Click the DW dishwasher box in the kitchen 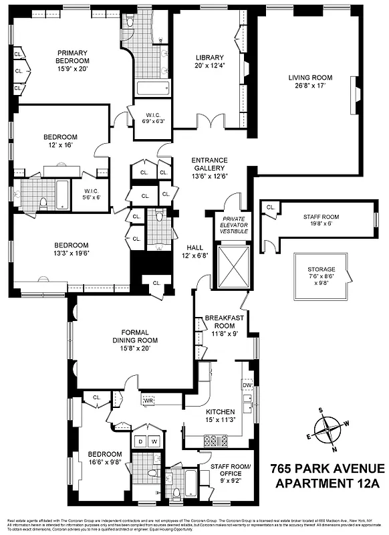(247, 386)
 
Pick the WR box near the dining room (148, 401)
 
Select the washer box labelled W (154, 441)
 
